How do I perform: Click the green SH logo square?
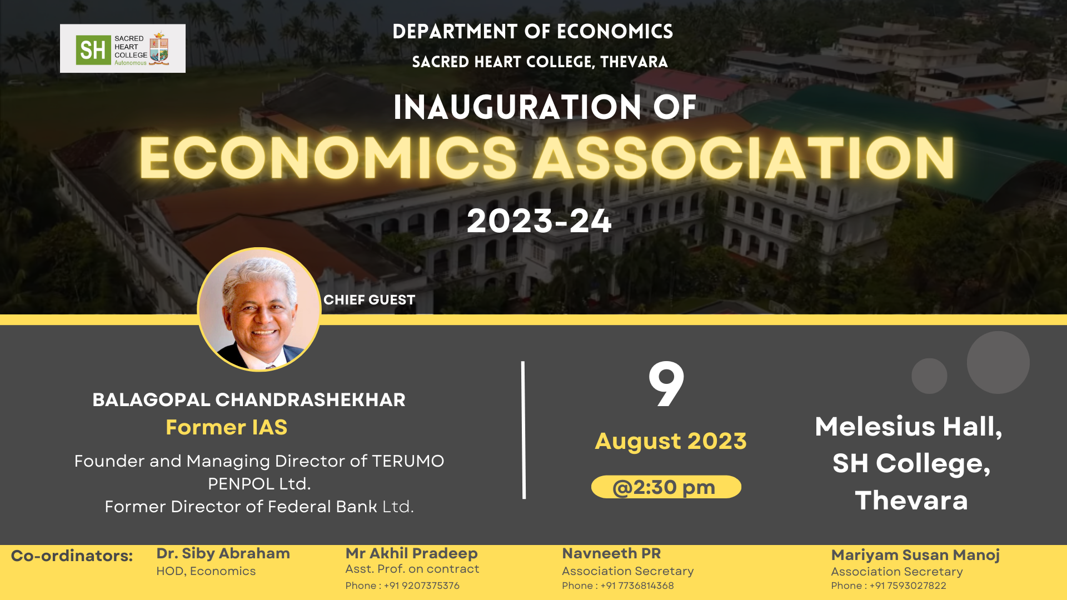point(93,50)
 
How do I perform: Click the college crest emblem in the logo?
point(159,48)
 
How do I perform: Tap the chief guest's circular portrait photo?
point(259,309)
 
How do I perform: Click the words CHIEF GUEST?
point(369,300)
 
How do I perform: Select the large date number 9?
point(666,384)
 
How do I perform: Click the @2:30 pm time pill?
point(666,487)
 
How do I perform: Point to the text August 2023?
point(671,441)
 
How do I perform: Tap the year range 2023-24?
point(539,221)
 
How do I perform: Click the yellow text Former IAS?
point(227,427)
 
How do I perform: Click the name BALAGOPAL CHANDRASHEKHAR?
point(249,400)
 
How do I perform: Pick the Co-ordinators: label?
point(72,556)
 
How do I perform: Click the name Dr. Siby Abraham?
point(223,553)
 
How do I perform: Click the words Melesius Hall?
point(909,427)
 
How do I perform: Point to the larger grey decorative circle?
point(998,362)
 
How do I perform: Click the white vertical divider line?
point(523,430)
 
